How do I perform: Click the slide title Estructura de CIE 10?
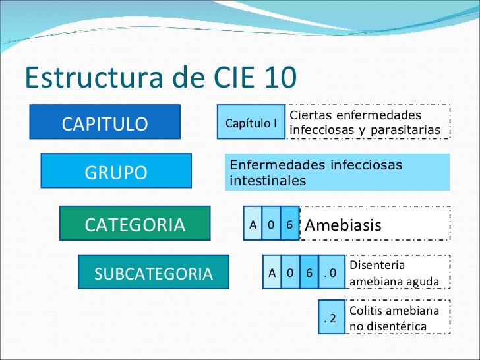pos(160,77)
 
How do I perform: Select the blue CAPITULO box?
pos(105,123)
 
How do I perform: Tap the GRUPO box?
pos(116,172)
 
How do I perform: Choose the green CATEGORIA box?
pos(135,224)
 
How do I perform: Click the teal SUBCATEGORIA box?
pos(154,273)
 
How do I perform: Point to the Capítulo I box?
pos(251,123)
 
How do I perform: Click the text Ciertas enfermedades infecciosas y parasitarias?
pos(365,123)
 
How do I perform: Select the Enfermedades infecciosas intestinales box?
pos(337,172)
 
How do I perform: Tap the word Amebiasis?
pos(344,225)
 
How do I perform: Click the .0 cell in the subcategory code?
pos(331,273)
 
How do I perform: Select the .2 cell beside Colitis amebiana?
pos(331,318)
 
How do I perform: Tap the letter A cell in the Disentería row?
pos(272,273)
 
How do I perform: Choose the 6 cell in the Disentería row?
pos(309,273)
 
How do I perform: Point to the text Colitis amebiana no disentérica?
pos(394,318)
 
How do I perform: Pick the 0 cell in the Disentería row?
pos(290,273)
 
